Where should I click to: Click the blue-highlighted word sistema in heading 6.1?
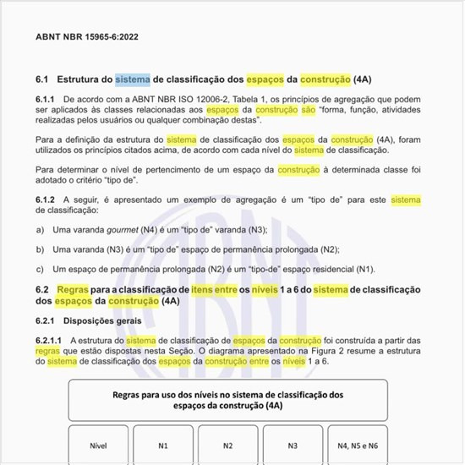(133, 79)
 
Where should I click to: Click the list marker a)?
(40, 230)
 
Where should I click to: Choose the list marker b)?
(40, 249)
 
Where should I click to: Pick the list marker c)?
(40, 269)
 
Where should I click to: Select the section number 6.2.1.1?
(51, 341)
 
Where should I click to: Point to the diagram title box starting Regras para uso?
(227, 400)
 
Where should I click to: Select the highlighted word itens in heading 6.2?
(203, 290)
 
